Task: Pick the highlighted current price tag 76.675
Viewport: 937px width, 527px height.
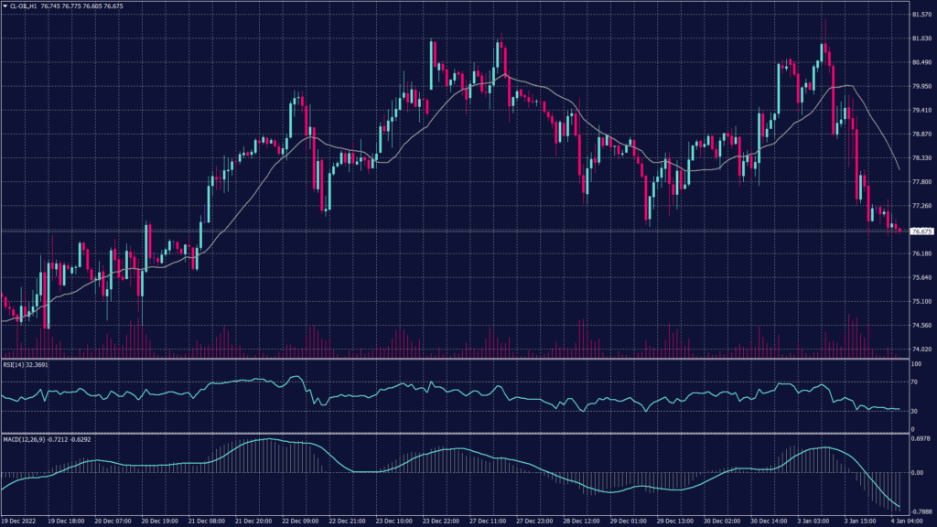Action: pos(921,231)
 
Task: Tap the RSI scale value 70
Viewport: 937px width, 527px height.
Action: pos(915,382)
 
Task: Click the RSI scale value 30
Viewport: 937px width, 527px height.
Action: pos(915,411)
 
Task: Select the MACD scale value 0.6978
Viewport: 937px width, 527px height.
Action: pos(921,441)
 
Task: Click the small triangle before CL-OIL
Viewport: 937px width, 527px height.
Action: pos(5,5)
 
